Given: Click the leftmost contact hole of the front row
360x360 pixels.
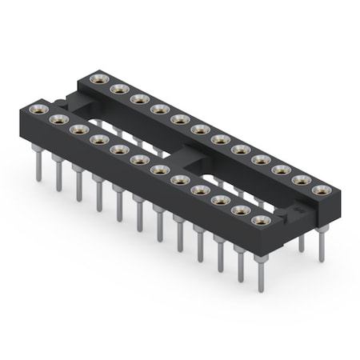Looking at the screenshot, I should click(x=38, y=109).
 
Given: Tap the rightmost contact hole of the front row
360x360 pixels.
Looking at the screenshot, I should click(x=260, y=220).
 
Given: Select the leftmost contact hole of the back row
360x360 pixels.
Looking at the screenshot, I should click(x=99, y=78).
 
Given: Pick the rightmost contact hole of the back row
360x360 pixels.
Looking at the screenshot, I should click(x=322, y=190).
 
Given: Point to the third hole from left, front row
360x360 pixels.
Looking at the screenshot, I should click(x=78, y=129).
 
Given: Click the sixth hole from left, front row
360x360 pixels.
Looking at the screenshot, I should click(x=139, y=159).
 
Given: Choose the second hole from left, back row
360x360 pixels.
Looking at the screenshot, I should click(x=119, y=89).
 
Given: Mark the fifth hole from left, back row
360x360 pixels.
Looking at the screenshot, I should click(x=180, y=119).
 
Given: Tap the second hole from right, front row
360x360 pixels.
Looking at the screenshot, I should click(x=240, y=210).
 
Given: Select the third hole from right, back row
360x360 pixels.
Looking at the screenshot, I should click(x=281, y=170).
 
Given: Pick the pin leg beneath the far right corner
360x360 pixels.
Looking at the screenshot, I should click(x=322, y=244).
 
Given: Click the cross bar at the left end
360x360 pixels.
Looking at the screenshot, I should click(x=67, y=102).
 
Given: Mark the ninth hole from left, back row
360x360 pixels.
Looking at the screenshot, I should click(x=261, y=159).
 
